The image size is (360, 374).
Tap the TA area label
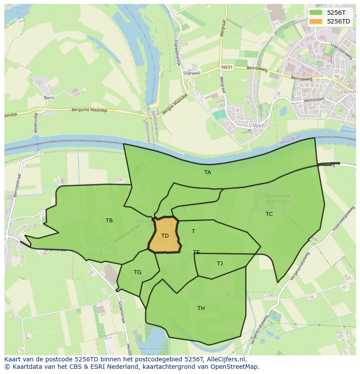point(208,172)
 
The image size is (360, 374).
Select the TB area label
point(109,221)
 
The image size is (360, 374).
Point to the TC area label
point(269,214)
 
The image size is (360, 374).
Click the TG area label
point(137,272)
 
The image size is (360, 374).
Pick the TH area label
point(201,308)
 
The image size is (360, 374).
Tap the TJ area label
point(220,264)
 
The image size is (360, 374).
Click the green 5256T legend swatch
point(316,13)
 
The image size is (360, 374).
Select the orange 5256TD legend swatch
point(316,21)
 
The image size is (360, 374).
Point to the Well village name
point(259,126)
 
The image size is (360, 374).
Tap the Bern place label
point(49,98)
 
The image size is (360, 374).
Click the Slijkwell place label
point(191,74)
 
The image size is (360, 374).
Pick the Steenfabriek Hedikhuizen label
point(277,199)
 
